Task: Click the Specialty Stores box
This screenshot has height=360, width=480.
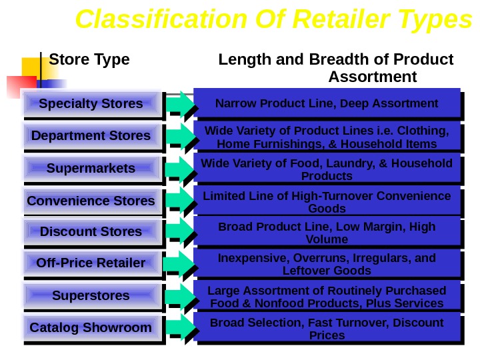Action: [91, 104]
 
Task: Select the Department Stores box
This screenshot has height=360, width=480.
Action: [91, 136]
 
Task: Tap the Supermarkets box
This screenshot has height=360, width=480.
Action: [91, 168]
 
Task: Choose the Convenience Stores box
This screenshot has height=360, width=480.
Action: [91, 201]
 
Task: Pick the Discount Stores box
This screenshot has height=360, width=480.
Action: [91, 232]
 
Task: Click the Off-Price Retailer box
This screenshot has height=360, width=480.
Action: [91, 263]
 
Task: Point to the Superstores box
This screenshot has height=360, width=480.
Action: [91, 295]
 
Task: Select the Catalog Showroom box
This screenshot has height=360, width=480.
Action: [91, 328]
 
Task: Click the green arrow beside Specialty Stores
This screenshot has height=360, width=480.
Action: [179, 104]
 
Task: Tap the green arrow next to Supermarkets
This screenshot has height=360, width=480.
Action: [179, 169]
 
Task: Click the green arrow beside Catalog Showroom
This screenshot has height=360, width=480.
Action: [179, 328]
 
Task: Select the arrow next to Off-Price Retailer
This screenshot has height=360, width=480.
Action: [179, 264]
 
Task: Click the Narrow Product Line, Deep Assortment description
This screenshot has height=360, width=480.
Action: [327, 103]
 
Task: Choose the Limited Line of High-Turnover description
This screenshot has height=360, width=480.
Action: [327, 201]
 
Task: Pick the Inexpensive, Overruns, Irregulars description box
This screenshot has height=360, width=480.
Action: [327, 264]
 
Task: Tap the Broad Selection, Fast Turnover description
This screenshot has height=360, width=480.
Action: [327, 329]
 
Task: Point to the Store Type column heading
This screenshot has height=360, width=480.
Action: [89, 60]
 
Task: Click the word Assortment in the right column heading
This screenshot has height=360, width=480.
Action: [373, 77]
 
